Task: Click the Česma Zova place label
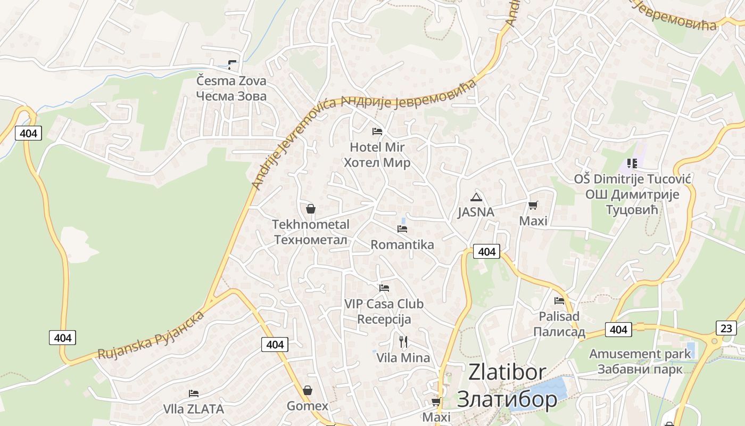pyautogui.click(x=231, y=88)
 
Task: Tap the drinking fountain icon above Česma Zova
pyautogui.click(x=231, y=65)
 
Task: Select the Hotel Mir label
pyautogui.click(x=377, y=154)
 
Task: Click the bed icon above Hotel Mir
pyautogui.click(x=377, y=131)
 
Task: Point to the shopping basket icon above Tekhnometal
pyautogui.click(x=311, y=209)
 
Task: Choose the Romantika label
pyautogui.click(x=402, y=245)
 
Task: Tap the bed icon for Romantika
pyautogui.click(x=402, y=229)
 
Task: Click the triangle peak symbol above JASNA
pyautogui.click(x=476, y=197)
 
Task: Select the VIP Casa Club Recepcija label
pyautogui.click(x=384, y=312)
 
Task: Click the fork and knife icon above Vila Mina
pyautogui.click(x=403, y=341)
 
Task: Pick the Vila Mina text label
pyautogui.click(x=403, y=358)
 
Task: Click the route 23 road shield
pyautogui.click(x=726, y=328)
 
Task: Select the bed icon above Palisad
pyautogui.click(x=559, y=301)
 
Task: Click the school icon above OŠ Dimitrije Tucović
pyautogui.click(x=632, y=163)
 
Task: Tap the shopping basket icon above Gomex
pyautogui.click(x=307, y=390)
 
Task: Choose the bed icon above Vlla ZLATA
pyautogui.click(x=194, y=394)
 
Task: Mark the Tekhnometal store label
pyautogui.click(x=311, y=232)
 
